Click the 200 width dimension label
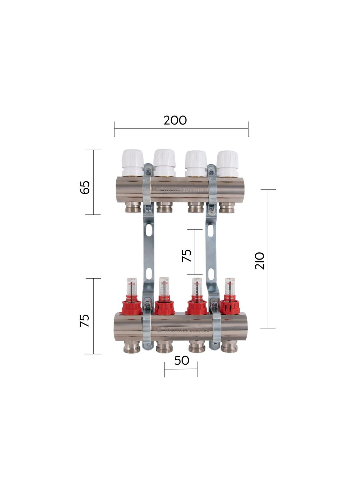[175, 120]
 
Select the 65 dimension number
[85, 188]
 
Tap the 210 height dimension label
[260, 261]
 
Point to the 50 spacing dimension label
[182, 360]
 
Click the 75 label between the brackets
[187, 256]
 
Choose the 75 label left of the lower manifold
[85, 320]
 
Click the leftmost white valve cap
[132, 162]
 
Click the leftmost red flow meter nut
[132, 307]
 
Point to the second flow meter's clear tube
[164, 287]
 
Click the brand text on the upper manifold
[184, 190]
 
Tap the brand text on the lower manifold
[186, 329]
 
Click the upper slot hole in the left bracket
[149, 230]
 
